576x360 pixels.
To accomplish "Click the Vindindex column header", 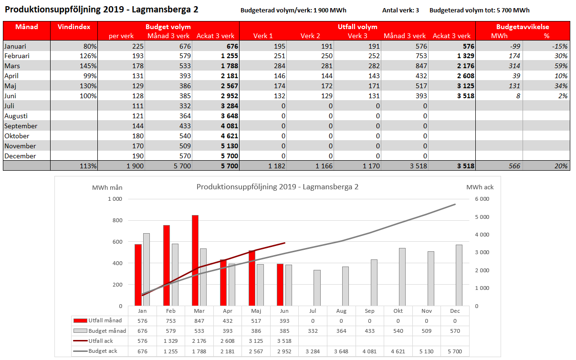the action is (74, 27).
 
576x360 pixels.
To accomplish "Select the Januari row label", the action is (15, 46).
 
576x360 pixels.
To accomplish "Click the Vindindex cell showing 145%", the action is (88, 66).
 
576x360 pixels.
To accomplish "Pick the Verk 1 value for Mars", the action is (279, 66).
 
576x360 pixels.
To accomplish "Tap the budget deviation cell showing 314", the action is (514, 66).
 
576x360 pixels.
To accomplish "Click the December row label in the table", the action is (20, 156).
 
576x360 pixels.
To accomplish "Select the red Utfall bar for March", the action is (195, 260).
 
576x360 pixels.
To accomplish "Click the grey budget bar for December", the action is (459, 275).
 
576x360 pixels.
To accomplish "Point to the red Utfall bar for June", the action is (280, 285).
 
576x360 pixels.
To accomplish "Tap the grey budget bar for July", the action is (317, 288).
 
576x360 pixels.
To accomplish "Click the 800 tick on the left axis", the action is (117, 220).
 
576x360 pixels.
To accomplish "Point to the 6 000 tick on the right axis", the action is (482, 199).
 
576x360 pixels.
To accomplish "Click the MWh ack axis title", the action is (480, 187).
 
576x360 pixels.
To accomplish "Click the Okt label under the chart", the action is (398, 311).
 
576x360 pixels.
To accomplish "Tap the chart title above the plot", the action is (277, 187).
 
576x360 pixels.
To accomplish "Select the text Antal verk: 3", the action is (400, 10).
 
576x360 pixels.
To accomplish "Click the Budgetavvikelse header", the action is (523, 27).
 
